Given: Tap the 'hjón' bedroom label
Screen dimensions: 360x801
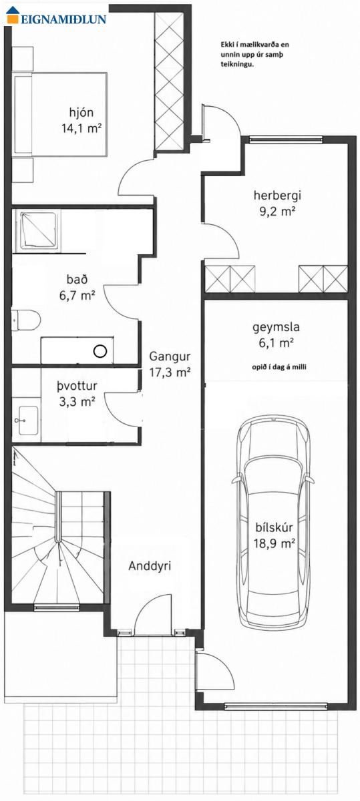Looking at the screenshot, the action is [81, 113].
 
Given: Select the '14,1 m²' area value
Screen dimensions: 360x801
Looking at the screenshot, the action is [81, 128].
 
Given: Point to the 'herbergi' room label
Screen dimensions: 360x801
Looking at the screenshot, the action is [277, 196].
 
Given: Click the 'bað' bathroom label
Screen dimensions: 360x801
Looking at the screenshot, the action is [77, 279].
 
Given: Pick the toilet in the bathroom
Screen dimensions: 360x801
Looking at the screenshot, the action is [25, 320].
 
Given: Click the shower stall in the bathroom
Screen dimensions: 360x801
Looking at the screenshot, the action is [38, 231].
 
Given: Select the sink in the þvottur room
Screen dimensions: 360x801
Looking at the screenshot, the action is [28, 420].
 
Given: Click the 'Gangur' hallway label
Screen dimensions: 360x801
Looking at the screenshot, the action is [170, 356].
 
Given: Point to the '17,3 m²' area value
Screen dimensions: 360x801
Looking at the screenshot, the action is [170, 372].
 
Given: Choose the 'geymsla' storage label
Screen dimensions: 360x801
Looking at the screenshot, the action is [276, 327].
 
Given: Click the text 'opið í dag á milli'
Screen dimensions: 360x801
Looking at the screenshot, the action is [279, 367].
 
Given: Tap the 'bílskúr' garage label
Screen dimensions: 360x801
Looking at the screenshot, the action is [274, 527].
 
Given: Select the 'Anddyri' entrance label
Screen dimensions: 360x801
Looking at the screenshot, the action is [150, 566].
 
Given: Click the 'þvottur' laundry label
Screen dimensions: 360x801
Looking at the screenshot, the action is [77, 386].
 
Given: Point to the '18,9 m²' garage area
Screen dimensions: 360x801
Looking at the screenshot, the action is [274, 543].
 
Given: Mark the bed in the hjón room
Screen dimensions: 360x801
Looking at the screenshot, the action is [60, 114].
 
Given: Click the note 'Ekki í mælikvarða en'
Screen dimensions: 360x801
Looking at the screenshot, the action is [254, 45].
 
